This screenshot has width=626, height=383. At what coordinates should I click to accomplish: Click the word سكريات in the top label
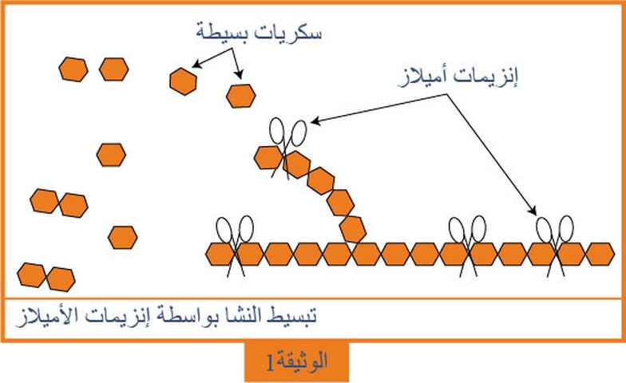289,32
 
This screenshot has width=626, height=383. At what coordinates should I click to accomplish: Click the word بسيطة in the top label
224,32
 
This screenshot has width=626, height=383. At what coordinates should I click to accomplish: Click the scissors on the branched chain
287,145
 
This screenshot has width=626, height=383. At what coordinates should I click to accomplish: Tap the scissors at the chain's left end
235,246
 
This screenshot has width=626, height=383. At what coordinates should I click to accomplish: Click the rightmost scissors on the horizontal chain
555,246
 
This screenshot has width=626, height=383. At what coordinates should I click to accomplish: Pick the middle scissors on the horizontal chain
468,246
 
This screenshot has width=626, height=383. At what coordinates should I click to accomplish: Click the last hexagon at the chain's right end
600,254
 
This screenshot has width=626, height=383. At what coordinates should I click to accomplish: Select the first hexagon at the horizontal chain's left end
220,254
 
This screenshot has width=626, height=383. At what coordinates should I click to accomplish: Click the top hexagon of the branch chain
268,157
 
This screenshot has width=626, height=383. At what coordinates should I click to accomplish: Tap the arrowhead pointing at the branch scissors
315,121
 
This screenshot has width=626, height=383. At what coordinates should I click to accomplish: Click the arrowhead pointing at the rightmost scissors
533,211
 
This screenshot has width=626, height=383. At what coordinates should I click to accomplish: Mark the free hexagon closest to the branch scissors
241,96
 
